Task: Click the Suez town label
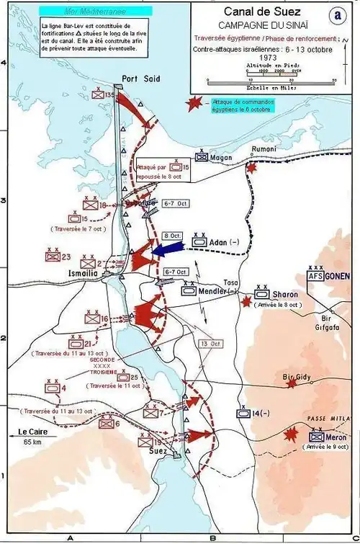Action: pos(157,450)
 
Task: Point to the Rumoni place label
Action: pos(264,149)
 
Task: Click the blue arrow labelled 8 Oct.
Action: pos(166,248)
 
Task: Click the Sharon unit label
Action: pos(287,295)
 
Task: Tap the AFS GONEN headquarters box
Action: pos(330,275)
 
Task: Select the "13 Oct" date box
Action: pos(211,344)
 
